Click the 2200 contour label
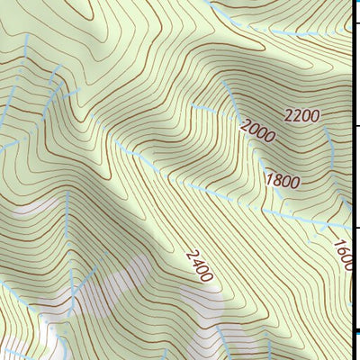click(x=301, y=115)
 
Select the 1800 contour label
click(x=282, y=181)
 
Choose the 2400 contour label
click(x=200, y=265)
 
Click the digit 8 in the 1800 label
click(x=275, y=181)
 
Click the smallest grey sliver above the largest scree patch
click(x=36, y=205)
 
